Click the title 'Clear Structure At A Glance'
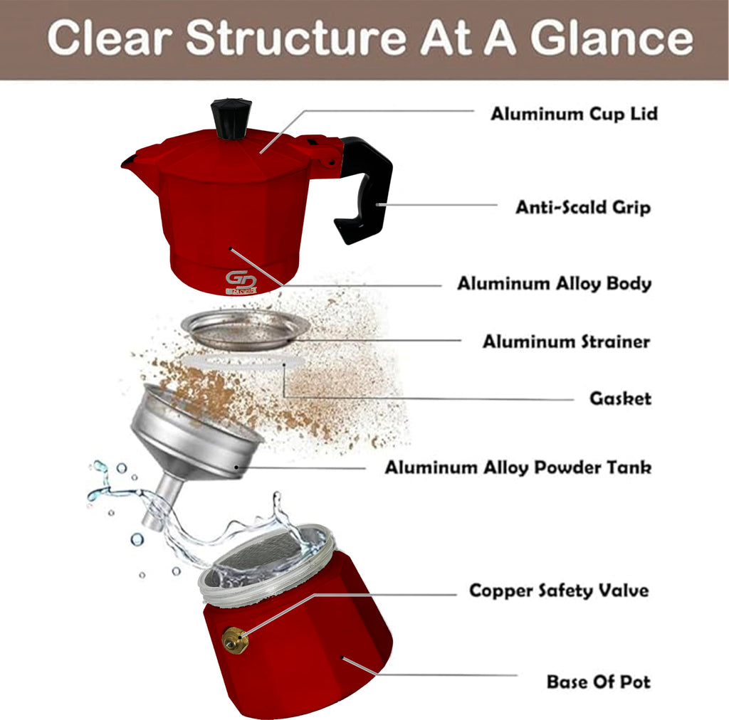[x=370, y=38]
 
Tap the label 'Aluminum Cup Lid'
[x=575, y=114]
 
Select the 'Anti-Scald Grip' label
[x=583, y=207]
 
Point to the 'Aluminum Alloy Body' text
[x=554, y=283]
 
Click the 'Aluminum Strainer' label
[x=566, y=342]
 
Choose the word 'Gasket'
[x=620, y=398]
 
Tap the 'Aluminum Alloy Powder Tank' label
[x=518, y=467]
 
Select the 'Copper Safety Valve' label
[x=559, y=591]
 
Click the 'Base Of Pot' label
[x=598, y=682]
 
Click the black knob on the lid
[x=231, y=119]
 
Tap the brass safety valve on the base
[x=235, y=640]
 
